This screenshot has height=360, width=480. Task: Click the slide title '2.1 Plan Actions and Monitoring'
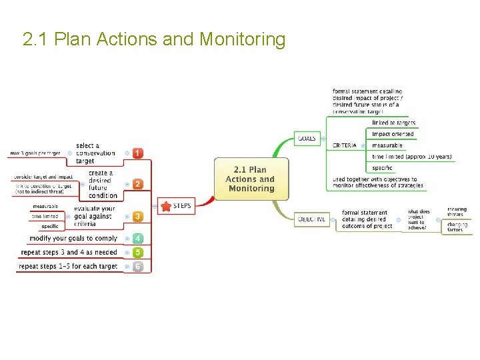click(154, 40)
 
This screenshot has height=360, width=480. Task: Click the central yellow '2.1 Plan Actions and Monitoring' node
click(251, 179)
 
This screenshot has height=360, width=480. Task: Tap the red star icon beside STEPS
click(166, 207)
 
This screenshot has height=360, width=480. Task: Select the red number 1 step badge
click(137, 153)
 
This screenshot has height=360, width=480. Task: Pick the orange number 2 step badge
click(137, 184)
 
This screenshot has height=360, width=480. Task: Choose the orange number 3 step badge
click(137, 217)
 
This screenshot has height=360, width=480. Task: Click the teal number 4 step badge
click(137, 238)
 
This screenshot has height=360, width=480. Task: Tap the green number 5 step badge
click(137, 253)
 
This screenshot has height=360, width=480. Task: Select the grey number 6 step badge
click(137, 267)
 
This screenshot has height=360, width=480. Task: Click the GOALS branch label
click(307, 139)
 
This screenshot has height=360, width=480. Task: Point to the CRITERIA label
click(345, 145)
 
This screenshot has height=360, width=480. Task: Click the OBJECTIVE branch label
click(311, 219)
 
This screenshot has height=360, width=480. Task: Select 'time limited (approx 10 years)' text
click(411, 157)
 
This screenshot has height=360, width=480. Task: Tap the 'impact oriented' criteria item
click(393, 134)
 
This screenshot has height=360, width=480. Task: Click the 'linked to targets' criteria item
click(393, 123)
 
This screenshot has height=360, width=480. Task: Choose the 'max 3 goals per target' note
click(35, 153)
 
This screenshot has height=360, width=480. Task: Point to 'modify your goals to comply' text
click(73, 238)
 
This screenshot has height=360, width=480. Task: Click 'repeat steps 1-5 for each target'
click(68, 267)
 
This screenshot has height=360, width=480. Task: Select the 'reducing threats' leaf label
click(457, 212)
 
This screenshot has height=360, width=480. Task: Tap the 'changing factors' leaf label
click(457, 227)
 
